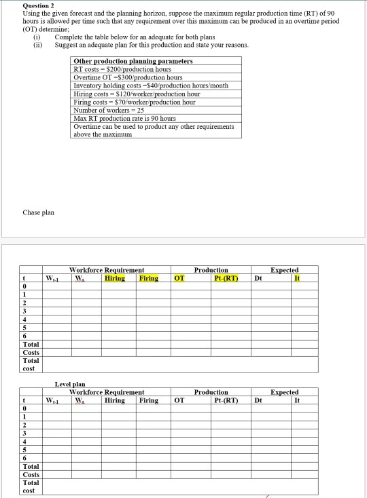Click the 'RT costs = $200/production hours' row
[122, 69]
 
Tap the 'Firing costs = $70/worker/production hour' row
[134, 102]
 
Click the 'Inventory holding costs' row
[150, 85]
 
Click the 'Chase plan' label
[38, 212]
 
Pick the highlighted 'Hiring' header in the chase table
[115, 277]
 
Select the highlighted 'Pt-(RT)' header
[225, 277]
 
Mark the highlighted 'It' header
[296, 277]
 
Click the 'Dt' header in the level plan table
[258, 400]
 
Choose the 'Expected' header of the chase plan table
[284, 270]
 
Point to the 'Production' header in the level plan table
[211, 392]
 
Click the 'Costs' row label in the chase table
[31, 352]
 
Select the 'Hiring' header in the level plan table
[115, 400]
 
